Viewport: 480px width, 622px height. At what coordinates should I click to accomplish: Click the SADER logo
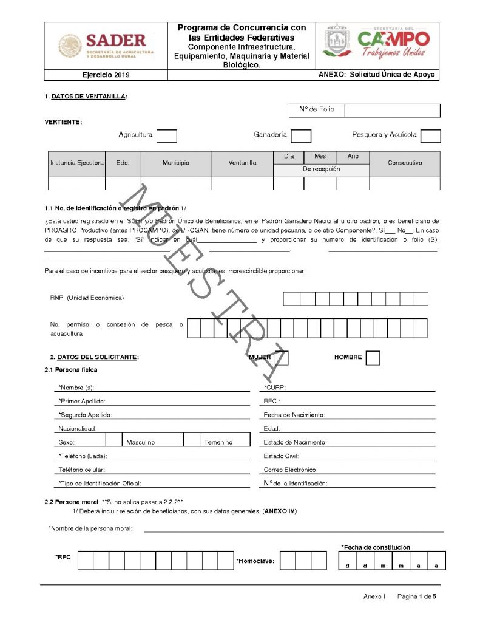106,46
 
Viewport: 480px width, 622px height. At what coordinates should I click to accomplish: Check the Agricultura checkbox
166,135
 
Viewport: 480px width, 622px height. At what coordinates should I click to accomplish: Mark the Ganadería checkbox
301,135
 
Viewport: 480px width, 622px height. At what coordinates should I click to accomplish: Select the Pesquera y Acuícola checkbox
430,135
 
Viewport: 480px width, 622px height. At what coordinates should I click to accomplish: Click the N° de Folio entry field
392,110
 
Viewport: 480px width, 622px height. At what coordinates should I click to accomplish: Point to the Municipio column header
175,163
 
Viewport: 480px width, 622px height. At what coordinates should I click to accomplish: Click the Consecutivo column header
404,163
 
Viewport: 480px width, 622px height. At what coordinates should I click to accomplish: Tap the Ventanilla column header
242,163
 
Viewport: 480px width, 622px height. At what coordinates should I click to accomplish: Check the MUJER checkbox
282,358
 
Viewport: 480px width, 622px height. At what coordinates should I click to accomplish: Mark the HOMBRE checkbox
373,358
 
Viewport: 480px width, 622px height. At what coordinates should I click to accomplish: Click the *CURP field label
275,388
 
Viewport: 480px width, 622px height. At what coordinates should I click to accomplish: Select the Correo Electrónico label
290,470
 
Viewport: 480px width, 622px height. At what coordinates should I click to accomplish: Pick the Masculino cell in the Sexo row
140,442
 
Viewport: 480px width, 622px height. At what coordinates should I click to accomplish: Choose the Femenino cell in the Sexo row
217,442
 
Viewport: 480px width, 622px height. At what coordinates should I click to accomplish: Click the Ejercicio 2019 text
106,75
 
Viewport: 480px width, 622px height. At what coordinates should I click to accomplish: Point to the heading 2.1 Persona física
70,370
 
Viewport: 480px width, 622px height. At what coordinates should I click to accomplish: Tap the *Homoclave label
255,561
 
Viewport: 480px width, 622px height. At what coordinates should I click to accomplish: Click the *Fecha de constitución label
376,547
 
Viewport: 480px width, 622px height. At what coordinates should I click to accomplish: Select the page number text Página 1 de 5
416,596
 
